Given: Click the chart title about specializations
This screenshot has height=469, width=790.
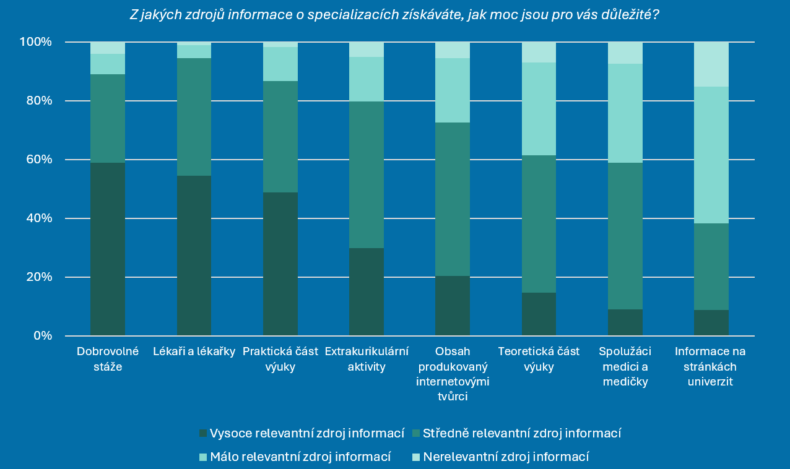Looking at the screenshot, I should pos(394,15).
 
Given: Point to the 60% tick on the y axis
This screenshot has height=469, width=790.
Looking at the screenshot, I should pos(38,160).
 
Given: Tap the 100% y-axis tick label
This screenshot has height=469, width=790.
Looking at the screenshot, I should pos(36,42).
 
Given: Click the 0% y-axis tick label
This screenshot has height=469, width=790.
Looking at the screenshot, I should pos(41,336).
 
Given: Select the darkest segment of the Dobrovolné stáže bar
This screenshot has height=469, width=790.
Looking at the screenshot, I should pos(108,249).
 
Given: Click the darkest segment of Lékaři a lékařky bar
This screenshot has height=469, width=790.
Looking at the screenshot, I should pos(194,256).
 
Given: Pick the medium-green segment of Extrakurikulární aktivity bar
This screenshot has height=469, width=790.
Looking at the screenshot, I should pos(366,174).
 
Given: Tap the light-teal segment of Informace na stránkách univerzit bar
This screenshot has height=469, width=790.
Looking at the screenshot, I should pos(711,155).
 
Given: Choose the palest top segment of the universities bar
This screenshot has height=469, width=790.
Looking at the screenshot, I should pos(711,64).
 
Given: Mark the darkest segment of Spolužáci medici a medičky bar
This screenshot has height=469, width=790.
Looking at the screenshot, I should pos(625,322).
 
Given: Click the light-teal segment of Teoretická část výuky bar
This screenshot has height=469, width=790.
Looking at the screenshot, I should pos(539,109).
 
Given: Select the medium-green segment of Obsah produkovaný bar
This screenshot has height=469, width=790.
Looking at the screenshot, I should pos(453,199).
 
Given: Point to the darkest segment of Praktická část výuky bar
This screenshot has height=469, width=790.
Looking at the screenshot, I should pos(280,264).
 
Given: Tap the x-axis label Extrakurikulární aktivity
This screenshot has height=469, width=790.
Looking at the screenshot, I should pos(366,359).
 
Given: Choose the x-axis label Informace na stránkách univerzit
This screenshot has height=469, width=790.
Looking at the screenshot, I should pos(710,366).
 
